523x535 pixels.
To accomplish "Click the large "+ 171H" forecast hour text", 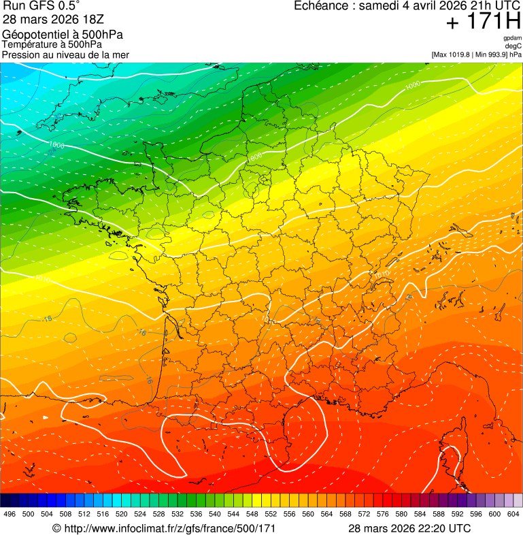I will coord(483,22).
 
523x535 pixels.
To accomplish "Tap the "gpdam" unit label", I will coord(512,38).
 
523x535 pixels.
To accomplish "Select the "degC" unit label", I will coord(513,46).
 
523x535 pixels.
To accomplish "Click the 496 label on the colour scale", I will coord(10,514).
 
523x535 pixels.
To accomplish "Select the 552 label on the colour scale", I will coord(271,514).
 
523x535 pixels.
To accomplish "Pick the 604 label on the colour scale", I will coord(513,514).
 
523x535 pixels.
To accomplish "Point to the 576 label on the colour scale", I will coord(382,514).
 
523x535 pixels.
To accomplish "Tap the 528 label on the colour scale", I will coord(158,514).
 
